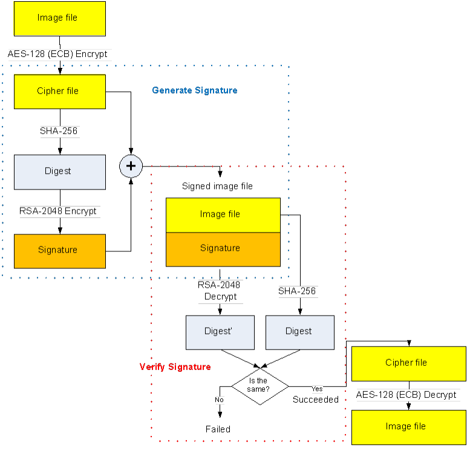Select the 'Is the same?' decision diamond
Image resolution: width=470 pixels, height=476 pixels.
(259, 385)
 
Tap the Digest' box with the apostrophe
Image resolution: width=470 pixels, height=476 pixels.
(220, 332)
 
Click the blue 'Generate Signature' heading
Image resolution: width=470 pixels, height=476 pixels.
(194, 91)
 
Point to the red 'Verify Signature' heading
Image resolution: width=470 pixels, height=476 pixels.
(175, 367)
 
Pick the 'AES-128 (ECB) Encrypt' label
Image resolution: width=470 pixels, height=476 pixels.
(57, 54)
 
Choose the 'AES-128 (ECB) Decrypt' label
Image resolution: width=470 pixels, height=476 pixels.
(406, 395)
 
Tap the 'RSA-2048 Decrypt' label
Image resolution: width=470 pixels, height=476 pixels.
(219, 291)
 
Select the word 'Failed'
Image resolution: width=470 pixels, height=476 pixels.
(218, 429)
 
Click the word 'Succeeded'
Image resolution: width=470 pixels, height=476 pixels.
(316, 400)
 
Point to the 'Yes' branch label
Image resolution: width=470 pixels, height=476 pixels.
(317, 388)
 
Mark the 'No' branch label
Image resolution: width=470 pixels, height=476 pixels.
(219, 400)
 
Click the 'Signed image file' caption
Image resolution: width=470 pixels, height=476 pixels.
(217, 187)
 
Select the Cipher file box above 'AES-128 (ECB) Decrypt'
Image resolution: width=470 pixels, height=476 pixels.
(406, 363)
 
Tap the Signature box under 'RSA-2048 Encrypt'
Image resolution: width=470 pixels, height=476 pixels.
(60, 250)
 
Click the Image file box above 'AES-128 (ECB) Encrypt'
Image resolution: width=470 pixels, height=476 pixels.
(60, 18)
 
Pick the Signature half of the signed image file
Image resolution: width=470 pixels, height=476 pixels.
(223, 249)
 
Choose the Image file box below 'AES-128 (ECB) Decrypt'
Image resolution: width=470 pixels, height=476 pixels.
(408, 427)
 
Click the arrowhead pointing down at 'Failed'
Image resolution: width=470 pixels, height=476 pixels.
(220, 414)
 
